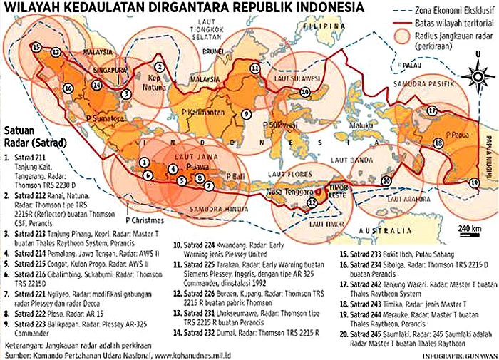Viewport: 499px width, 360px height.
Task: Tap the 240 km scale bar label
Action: (x=470, y=227)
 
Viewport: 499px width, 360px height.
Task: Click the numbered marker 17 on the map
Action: (x=431, y=110)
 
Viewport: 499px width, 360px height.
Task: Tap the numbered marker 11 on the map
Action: (x=254, y=68)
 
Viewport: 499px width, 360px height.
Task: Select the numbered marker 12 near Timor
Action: (x=312, y=202)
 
